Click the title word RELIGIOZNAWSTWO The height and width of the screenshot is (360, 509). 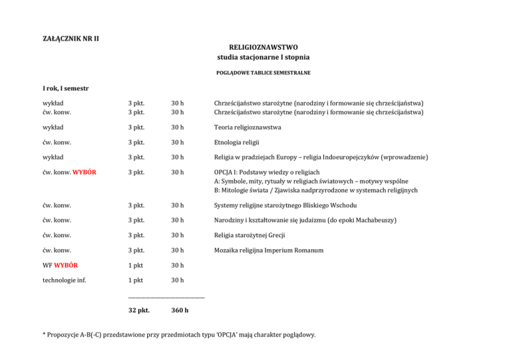tap(263, 48)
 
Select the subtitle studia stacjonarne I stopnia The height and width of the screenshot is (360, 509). tap(263, 58)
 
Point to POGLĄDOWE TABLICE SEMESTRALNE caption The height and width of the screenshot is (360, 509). tap(263, 73)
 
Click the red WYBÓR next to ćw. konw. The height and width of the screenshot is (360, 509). tap(85, 172)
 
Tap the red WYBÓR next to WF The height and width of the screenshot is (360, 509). tap(67, 265)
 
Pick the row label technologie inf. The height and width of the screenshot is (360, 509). tap(64, 280)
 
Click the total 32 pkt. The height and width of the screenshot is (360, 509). tap(139, 310)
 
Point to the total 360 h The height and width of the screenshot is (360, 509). tap(180, 310)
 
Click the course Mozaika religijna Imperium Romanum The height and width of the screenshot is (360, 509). tap(268, 250)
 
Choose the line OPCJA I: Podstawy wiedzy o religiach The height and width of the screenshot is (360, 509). tap(263, 172)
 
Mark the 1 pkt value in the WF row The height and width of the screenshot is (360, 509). tap(137, 265)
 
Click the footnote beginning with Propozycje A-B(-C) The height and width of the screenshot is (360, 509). tap(179, 335)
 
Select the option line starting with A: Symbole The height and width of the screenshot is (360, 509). tap(311, 181)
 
